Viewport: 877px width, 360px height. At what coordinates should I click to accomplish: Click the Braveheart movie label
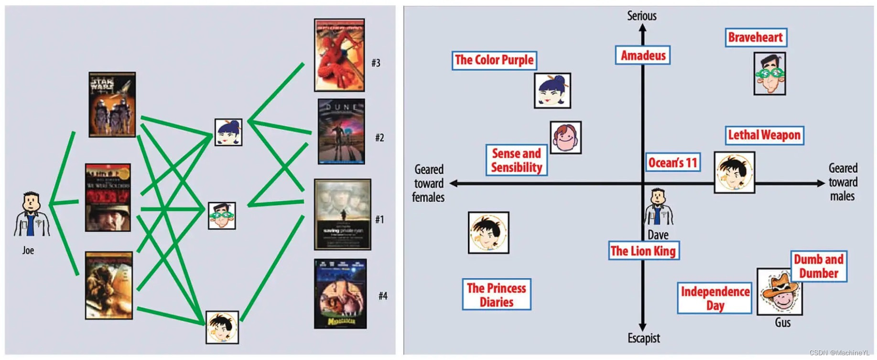pyautogui.click(x=756, y=37)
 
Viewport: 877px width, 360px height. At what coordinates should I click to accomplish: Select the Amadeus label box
pyautogui.click(x=643, y=55)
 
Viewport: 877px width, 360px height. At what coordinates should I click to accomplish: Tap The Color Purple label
pyautogui.click(x=494, y=60)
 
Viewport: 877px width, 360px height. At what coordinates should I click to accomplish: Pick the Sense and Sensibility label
pyautogui.click(x=517, y=160)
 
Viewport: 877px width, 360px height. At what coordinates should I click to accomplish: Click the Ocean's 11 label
pyautogui.click(x=672, y=163)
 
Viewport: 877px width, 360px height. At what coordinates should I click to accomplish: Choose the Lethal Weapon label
pyautogui.click(x=764, y=135)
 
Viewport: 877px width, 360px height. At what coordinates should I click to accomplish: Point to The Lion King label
pyautogui.click(x=643, y=251)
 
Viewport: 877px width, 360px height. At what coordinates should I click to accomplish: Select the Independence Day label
pyautogui.click(x=715, y=298)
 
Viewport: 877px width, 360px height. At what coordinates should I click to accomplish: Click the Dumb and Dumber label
pyautogui.click(x=819, y=266)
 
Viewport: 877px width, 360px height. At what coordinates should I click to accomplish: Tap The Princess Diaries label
pyautogui.click(x=497, y=295)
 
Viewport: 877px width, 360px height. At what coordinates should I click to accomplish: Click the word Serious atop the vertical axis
pyautogui.click(x=642, y=16)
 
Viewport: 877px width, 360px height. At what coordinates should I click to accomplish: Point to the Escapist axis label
pyautogui.click(x=643, y=338)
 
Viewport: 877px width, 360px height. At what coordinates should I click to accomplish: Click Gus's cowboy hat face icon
pyautogui.click(x=780, y=291)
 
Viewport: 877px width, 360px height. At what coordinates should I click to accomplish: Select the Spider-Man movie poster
pyautogui.click(x=339, y=55)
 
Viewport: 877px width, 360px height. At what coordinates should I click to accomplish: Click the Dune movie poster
pyautogui.click(x=341, y=131)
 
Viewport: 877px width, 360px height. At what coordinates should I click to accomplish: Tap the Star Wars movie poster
pyautogui.click(x=112, y=105)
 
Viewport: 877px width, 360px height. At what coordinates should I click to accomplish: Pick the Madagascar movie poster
pyautogui.click(x=340, y=294)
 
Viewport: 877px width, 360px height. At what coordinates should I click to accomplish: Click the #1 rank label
pyautogui.click(x=379, y=219)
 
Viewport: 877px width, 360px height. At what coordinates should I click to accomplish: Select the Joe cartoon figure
pyautogui.click(x=31, y=215)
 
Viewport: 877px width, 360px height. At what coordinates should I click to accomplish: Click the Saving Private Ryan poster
pyautogui.click(x=342, y=214)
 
